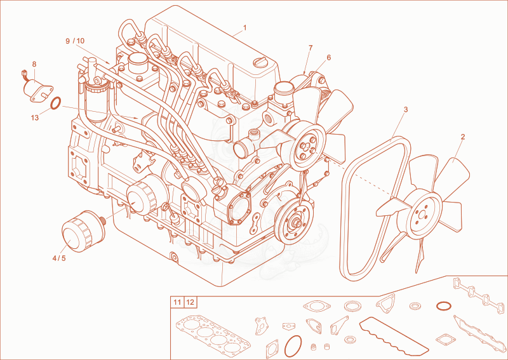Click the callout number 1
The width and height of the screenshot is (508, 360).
point(244,28)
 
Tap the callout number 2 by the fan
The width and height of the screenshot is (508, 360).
point(463,137)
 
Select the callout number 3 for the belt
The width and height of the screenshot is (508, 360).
point(406,110)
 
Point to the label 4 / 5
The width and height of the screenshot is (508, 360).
point(59,258)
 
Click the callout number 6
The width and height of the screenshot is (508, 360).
point(329,58)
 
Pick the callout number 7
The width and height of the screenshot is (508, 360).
point(311,48)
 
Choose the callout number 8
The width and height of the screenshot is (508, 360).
point(34,64)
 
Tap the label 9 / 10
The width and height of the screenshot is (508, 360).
point(75,41)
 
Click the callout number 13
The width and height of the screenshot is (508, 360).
point(35,118)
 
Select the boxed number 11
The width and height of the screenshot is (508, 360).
point(177,303)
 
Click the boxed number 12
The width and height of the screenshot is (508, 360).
point(190,303)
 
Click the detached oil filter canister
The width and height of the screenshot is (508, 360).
point(83,230)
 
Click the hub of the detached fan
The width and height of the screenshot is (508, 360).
point(422,213)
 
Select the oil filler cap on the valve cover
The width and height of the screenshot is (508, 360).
point(260,61)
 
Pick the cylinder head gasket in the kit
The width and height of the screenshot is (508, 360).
point(213,337)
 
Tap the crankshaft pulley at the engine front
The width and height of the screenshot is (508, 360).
point(294,223)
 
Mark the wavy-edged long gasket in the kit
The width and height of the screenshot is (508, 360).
point(393,336)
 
